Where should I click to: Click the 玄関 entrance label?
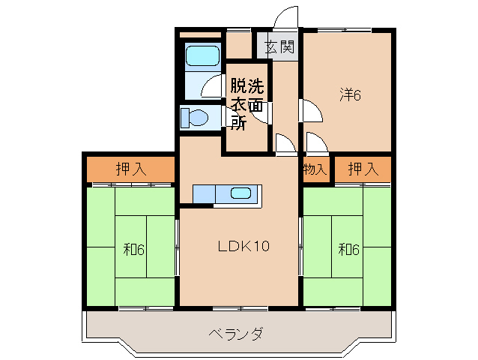click(x=279, y=47)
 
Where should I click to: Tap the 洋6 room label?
click(x=351, y=94)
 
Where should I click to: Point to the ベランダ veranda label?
click(x=235, y=334)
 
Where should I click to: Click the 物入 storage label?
click(x=315, y=169)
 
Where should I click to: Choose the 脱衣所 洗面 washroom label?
click(x=246, y=103)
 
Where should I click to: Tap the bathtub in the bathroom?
click(x=201, y=57)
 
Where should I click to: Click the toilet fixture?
click(x=196, y=118)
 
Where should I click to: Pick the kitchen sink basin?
click(x=240, y=193)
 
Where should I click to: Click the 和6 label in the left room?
click(x=134, y=249)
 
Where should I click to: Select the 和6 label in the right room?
click(x=348, y=249)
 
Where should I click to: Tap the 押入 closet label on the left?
click(x=131, y=169)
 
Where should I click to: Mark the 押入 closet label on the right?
click(x=363, y=169)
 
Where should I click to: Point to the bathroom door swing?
click(x=212, y=86)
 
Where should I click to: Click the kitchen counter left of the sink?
click(x=203, y=193)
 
